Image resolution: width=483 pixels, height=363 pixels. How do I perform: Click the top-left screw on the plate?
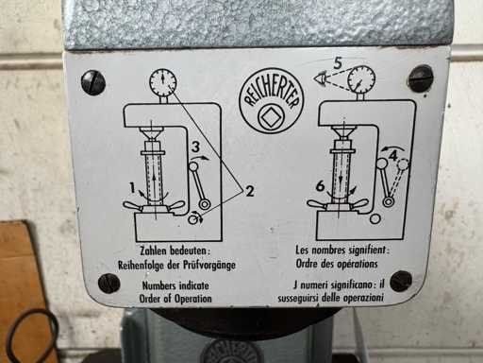click(93, 82)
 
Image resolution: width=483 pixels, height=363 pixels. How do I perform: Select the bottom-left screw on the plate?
click(108, 284)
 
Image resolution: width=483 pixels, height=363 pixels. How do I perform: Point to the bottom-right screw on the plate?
click(401, 281)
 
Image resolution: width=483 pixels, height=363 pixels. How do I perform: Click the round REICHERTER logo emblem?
click(272, 101)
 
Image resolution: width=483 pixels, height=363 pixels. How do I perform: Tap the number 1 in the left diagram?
click(133, 188)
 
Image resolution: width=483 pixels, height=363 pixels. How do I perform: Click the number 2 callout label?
click(249, 191)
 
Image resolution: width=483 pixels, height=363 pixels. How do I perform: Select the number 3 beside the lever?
click(195, 147)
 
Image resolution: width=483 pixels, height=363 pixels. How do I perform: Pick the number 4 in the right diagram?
click(393, 156)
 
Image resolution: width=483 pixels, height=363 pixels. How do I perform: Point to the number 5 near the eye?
click(338, 63)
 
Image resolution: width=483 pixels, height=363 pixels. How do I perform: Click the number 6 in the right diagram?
click(320, 186)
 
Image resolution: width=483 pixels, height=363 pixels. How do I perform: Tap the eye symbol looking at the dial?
click(319, 78)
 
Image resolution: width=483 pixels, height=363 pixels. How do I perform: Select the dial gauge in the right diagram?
click(361, 79)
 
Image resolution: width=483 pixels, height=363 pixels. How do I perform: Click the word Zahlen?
click(154, 251)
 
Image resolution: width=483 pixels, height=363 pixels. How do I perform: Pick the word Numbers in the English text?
click(159, 285)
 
